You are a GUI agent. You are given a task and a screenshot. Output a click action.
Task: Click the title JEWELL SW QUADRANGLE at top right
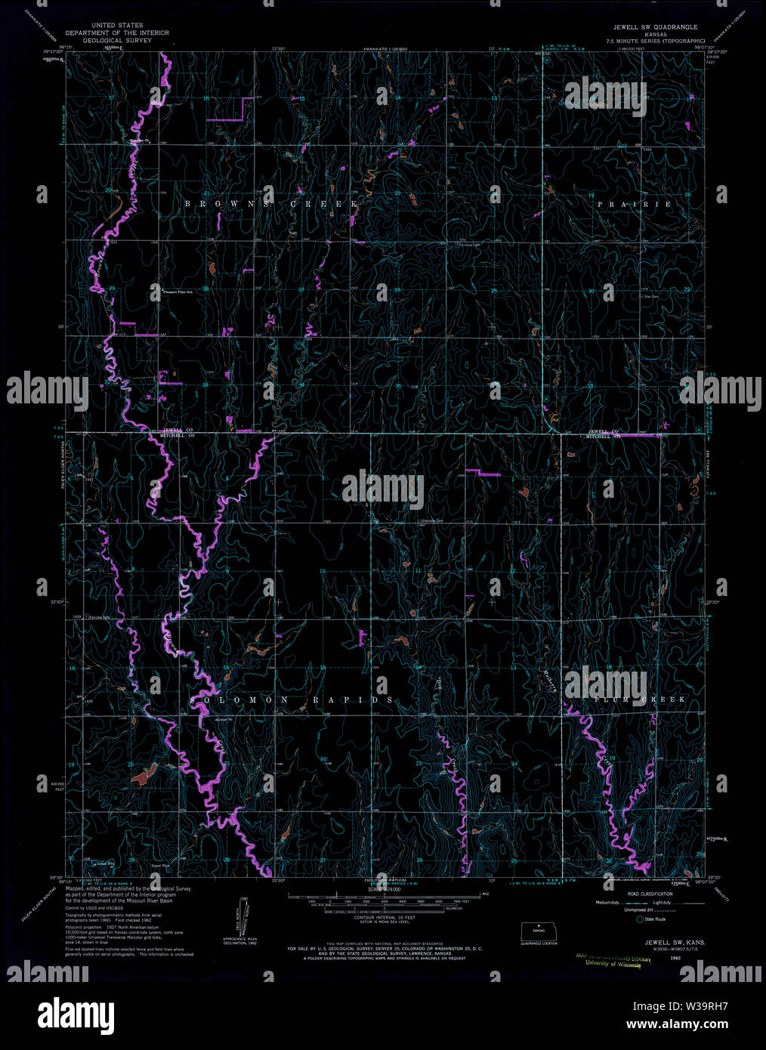click(x=654, y=26)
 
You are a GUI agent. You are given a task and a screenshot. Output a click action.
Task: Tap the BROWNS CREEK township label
click(x=271, y=205)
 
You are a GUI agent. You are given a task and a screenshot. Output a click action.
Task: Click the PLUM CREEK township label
click(x=641, y=699)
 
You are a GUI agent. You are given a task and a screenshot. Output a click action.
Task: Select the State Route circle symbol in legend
click(x=640, y=919)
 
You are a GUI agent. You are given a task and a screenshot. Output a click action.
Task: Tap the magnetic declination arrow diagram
click(x=242, y=916)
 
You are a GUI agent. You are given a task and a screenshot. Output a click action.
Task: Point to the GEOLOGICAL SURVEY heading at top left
click(x=117, y=40)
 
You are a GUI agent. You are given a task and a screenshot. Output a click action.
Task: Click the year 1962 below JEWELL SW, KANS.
click(x=665, y=956)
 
